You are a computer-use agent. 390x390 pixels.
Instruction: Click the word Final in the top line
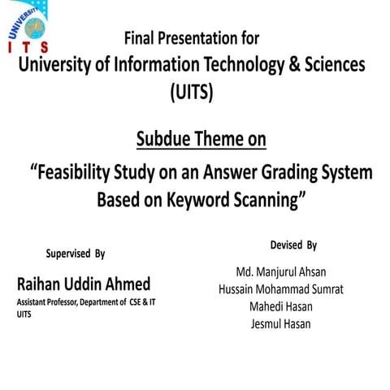(x=140, y=37)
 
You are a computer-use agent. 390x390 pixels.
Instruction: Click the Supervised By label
(x=76, y=253)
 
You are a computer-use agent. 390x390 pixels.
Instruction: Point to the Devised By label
(x=293, y=245)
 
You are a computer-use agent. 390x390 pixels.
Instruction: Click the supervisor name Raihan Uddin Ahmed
(x=82, y=284)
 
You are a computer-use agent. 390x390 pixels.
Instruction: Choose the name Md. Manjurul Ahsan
(x=280, y=271)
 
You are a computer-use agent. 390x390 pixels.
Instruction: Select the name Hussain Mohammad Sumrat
(x=280, y=289)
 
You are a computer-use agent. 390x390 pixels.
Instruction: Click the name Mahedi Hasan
(x=280, y=307)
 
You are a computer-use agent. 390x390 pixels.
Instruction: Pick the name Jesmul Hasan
(x=280, y=325)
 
